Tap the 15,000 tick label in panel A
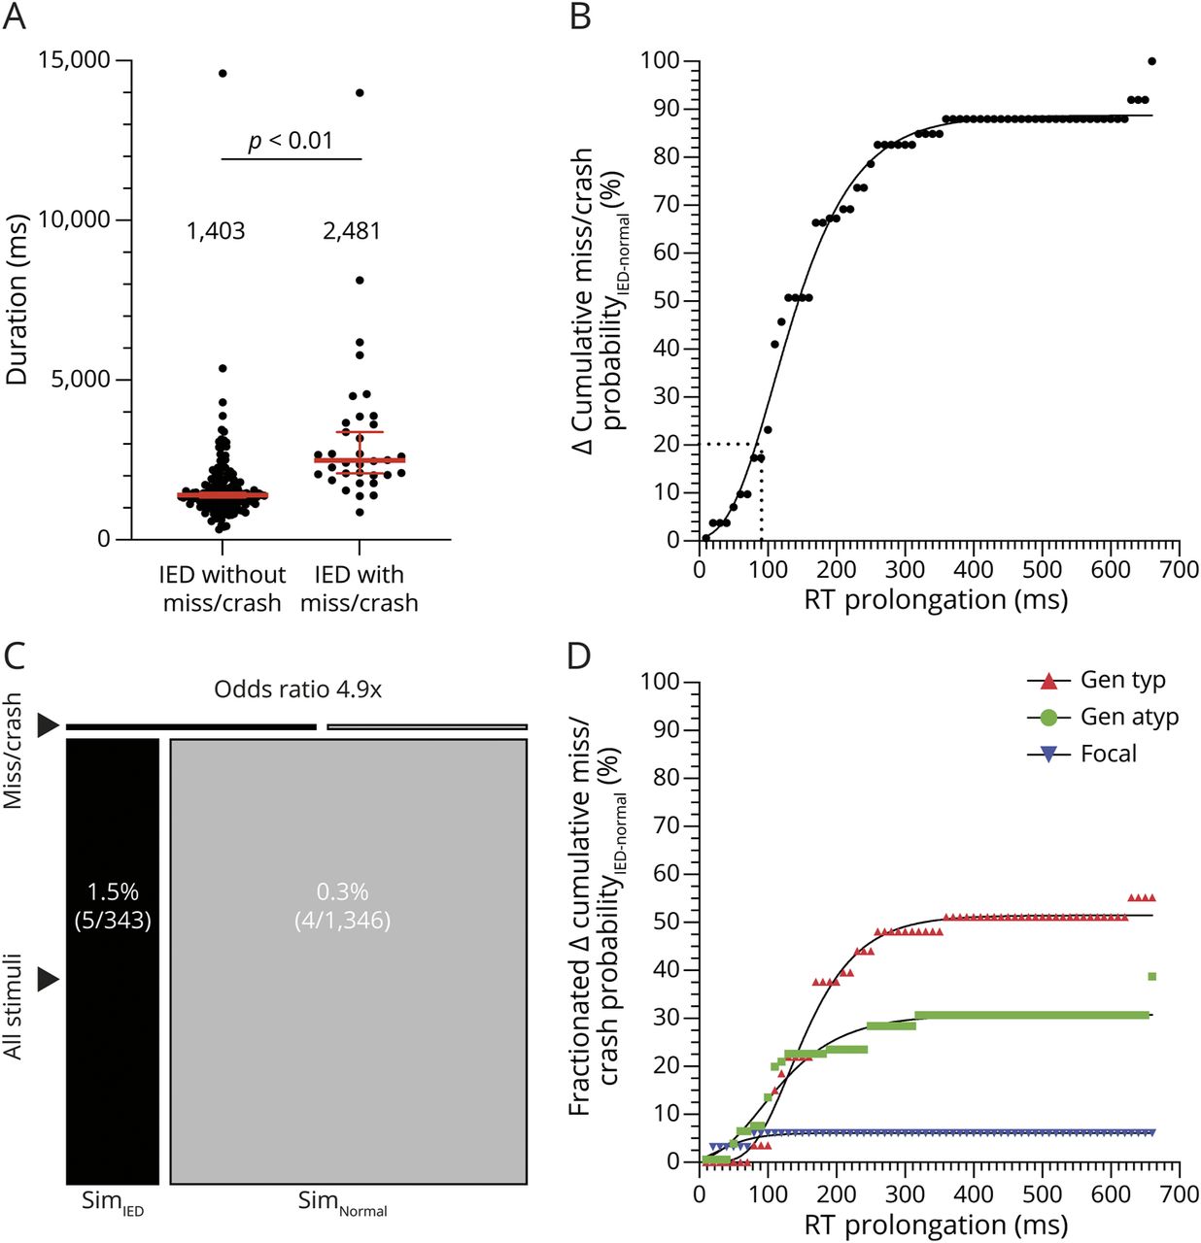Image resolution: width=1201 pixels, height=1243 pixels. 74,60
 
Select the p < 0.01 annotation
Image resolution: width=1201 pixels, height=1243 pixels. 291,141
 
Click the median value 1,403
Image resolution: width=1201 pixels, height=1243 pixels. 216,231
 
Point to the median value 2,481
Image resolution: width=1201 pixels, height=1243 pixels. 352,231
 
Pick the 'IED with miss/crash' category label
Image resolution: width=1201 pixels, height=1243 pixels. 359,588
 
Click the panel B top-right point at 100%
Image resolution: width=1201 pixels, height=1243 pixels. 1151,61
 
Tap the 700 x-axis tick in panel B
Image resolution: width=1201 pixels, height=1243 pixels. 1179,570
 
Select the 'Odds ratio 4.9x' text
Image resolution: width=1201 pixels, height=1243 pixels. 297,689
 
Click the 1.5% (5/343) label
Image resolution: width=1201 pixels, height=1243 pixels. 113,905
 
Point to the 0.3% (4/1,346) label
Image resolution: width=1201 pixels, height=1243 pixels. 342,905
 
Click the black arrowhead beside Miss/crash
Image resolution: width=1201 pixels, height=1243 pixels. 48,724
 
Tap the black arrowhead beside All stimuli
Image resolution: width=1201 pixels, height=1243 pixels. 48,979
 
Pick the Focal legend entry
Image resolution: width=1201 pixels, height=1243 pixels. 1081,754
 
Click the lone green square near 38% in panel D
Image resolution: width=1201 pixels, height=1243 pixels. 1151,976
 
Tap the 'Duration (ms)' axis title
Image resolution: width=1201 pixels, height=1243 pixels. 17,299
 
